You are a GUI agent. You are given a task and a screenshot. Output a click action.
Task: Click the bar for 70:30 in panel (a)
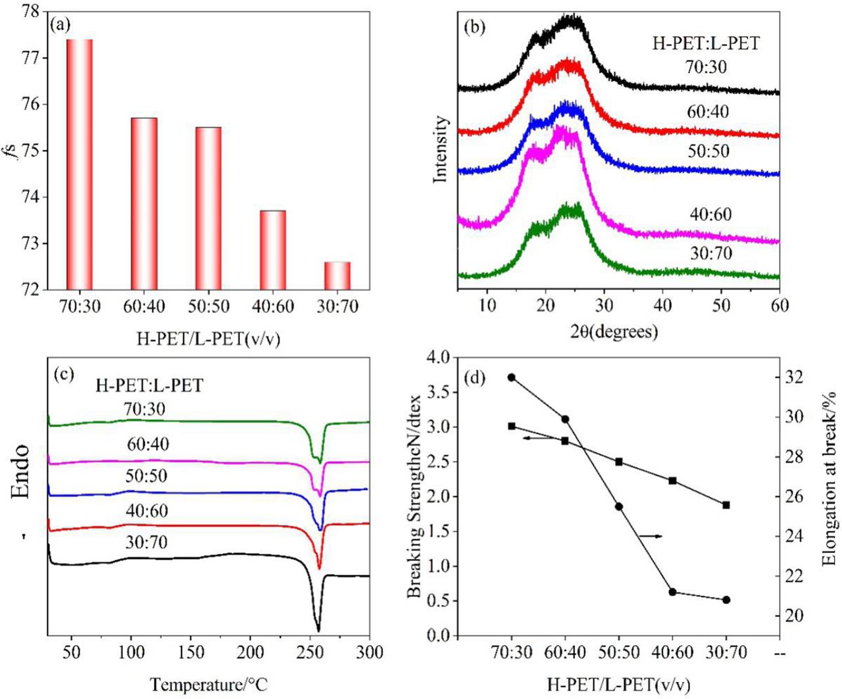(x=80, y=164)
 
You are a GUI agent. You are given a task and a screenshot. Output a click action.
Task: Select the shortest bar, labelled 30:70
(x=337, y=276)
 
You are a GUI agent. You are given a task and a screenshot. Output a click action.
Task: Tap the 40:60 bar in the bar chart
(x=273, y=250)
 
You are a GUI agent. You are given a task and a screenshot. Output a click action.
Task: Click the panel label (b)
(x=474, y=29)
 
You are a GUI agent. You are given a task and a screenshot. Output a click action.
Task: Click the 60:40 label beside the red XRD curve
(x=708, y=112)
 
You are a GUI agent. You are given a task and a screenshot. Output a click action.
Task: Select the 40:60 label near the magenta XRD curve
(x=710, y=214)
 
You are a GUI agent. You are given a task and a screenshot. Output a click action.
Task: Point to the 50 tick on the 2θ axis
(x=721, y=305)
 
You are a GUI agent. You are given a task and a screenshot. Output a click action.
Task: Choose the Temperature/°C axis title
(x=209, y=685)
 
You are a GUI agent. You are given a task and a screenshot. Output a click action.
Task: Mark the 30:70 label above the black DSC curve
(x=147, y=542)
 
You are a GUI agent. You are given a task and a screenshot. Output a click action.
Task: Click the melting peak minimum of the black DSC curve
(x=318, y=630)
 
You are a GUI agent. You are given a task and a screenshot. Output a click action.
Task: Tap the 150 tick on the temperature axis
(x=191, y=652)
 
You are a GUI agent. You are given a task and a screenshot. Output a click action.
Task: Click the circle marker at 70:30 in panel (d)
(x=511, y=377)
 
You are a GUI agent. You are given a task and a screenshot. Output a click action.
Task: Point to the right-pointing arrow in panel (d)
(x=651, y=537)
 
